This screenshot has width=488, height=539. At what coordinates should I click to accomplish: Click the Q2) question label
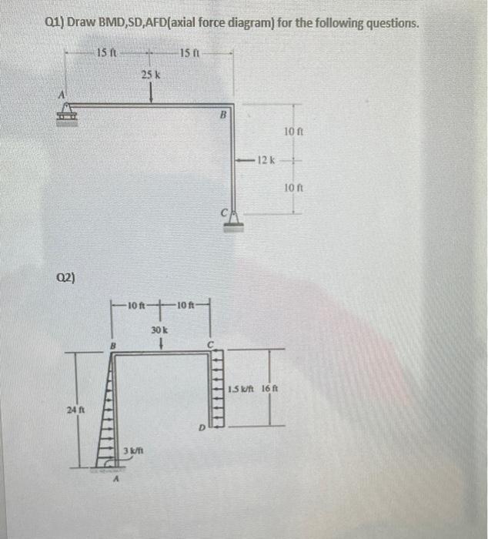click(x=65, y=276)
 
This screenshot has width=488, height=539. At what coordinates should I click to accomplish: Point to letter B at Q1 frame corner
click(x=222, y=117)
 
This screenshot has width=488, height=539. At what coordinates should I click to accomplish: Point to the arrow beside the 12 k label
click(x=246, y=159)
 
